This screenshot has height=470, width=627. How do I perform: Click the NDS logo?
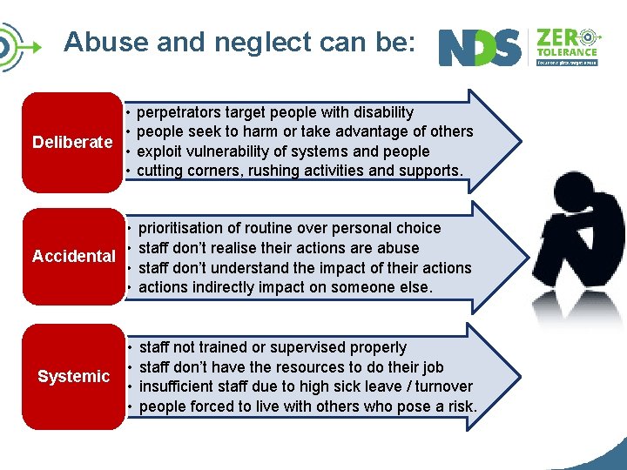480,48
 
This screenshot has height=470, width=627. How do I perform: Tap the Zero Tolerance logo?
567,47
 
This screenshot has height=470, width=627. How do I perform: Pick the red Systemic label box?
73,376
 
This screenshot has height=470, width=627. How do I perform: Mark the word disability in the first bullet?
381,112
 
